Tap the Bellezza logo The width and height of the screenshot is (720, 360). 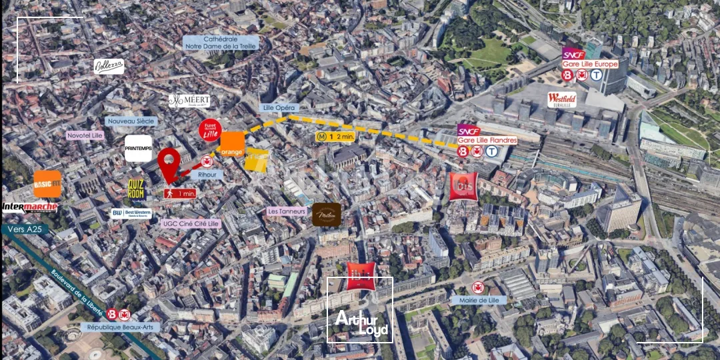point(109,66)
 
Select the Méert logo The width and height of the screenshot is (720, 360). point(189,101)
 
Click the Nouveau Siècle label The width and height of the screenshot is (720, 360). point(131,121)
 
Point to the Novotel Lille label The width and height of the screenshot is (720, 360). point(85,135)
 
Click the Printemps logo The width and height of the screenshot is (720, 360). point(139,149)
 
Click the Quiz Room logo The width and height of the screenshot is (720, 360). point(136,189)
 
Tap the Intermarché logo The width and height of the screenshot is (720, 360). point(29,207)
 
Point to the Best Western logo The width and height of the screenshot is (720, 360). point(131,213)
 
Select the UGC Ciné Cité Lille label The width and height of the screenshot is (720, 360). point(191,224)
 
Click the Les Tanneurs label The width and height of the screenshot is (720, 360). point(287,211)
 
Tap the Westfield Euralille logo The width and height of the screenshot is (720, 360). point(562,99)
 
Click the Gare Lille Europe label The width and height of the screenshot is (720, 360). point(590,64)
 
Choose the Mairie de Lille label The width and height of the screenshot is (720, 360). point(479,300)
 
